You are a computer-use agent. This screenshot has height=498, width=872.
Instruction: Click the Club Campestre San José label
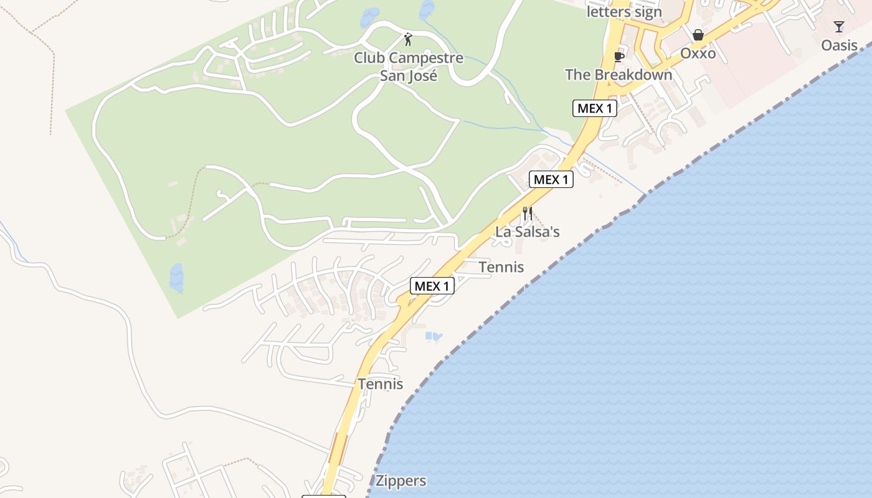click(409, 67)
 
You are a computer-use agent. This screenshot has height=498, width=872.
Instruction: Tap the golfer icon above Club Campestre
click(408, 40)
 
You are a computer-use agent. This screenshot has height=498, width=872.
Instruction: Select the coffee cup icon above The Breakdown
click(618, 57)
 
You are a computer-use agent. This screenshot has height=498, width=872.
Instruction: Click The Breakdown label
click(618, 75)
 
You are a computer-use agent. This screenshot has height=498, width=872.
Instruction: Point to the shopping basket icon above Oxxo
click(698, 35)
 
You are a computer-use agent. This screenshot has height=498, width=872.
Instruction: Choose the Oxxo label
click(698, 54)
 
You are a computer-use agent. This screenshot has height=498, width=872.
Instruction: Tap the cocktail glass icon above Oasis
click(839, 27)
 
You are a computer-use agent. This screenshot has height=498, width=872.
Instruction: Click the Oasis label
click(839, 45)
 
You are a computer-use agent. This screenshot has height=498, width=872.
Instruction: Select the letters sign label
click(624, 12)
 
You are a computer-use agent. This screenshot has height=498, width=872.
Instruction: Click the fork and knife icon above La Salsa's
click(527, 214)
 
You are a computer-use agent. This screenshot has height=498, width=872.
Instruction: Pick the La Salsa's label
click(527, 232)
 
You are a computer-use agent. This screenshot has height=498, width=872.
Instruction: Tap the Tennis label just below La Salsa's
click(501, 267)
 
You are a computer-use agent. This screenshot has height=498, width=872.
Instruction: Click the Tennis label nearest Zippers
click(380, 384)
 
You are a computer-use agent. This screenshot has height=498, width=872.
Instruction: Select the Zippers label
click(400, 481)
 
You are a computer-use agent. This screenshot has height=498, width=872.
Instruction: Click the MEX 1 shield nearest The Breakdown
click(594, 108)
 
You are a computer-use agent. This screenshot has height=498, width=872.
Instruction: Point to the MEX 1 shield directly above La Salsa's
click(551, 180)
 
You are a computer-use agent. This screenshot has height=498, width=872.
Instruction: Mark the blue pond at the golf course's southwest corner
click(176, 278)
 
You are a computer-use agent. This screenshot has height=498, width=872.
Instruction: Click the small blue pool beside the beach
click(434, 337)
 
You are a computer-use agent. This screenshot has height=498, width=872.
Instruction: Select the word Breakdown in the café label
click(632, 75)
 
